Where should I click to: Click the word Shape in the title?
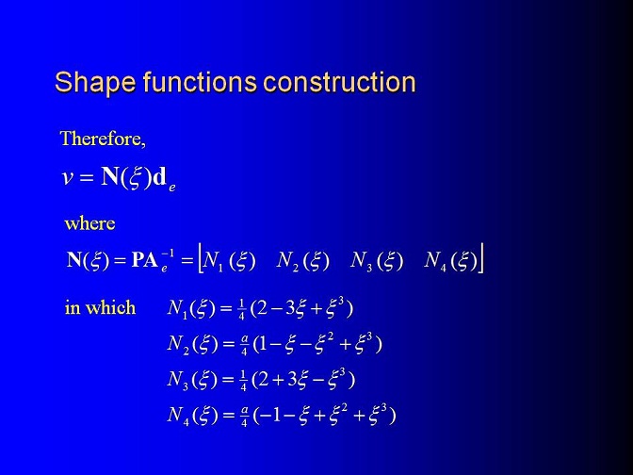point(95,83)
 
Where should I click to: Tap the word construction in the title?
point(339,82)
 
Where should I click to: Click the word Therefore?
point(103,139)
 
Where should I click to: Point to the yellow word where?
point(89,223)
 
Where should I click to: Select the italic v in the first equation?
point(67,178)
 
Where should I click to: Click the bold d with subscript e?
point(164,179)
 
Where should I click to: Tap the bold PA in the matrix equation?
point(144,260)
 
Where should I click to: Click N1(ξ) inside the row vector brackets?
point(230,261)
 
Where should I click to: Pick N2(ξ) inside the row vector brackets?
point(303,261)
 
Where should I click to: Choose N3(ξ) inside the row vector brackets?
point(377,261)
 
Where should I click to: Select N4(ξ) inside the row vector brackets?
point(451,261)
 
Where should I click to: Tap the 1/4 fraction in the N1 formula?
point(241,310)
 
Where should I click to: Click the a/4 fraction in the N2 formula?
point(244,345)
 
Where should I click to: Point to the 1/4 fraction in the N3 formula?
point(243,381)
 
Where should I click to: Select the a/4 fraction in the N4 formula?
point(244,417)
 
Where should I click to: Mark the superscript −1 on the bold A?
point(168,254)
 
